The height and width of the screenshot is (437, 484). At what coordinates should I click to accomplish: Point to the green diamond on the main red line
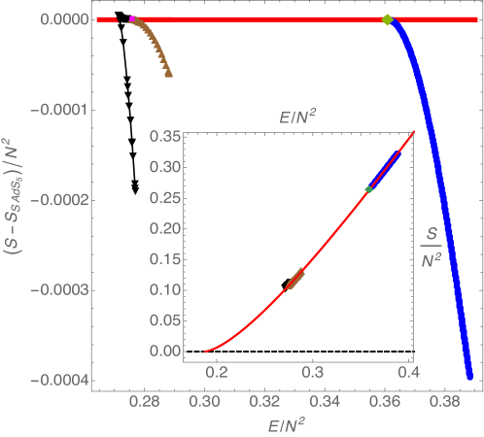point(387,19)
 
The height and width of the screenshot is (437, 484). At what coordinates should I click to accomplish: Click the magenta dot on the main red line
point(131,19)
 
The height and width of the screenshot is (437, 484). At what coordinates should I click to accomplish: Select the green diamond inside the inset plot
point(369,188)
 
